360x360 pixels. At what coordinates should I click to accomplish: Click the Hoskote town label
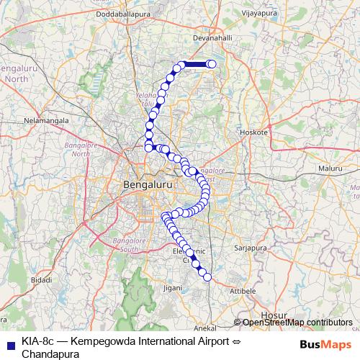[253, 132]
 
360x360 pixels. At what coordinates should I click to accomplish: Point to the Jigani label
[173, 287]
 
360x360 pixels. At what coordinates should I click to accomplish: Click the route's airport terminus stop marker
[212, 64]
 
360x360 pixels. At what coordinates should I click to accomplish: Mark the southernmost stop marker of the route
[207, 276]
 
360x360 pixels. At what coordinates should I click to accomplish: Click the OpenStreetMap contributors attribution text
[295, 323]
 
